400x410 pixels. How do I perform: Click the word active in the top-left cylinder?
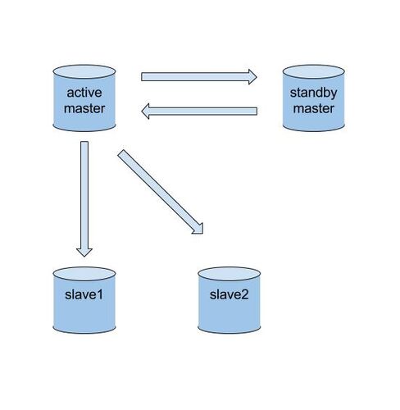pos(84,93)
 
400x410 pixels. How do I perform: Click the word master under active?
pos(84,108)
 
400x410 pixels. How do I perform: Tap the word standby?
pos(313,93)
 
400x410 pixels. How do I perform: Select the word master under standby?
pos(313,108)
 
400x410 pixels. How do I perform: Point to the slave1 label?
pos(84,294)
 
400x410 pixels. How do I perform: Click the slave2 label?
pos(229,294)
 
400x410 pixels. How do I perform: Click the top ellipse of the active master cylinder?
pos(84,72)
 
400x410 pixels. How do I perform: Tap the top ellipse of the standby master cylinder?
pos(313,72)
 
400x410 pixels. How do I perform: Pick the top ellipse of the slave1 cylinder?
pos(84,274)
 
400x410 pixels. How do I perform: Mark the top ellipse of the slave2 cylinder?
pos(229,274)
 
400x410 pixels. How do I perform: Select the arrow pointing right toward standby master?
pos(199,77)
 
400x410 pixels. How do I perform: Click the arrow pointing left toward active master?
pos(199,112)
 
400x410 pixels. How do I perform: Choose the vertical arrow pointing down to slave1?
pos(84,199)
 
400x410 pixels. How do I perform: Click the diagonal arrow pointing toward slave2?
pos(161,192)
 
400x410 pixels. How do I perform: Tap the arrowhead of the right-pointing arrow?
pos(252,77)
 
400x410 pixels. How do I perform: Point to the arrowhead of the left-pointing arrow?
pos(145,112)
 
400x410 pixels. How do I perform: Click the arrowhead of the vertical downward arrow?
pos(84,253)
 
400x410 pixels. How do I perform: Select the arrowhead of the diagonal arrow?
pos(199,230)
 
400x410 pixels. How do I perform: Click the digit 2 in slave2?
pos(245,294)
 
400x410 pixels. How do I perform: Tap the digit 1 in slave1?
pos(99,294)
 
